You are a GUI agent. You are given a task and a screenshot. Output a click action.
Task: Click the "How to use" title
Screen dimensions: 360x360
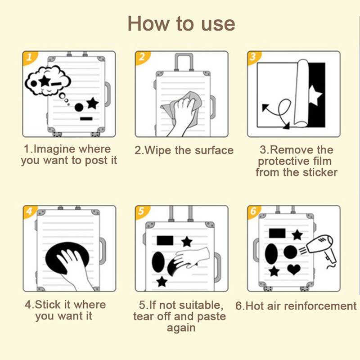(181, 24)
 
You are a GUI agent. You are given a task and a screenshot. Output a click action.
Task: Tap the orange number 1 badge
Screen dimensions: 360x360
(29, 58)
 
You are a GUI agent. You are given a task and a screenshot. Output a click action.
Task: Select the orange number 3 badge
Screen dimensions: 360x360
(253, 57)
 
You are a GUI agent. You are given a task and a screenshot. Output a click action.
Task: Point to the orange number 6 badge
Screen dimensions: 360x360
(253, 211)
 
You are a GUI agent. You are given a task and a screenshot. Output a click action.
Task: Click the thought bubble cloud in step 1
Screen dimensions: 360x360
(48, 81)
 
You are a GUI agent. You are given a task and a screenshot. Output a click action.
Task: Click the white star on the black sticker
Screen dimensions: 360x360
(315, 95)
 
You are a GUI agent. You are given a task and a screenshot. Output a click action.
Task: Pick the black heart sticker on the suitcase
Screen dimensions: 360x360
(294, 269)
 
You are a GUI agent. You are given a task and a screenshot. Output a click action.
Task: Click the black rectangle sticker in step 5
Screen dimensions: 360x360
(165, 240)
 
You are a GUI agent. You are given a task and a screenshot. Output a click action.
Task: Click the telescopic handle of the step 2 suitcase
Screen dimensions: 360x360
(184, 62)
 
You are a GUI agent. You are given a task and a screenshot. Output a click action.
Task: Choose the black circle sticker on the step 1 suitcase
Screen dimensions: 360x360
(79, 107)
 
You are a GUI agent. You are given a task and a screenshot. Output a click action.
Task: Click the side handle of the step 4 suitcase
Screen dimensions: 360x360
(103, 251)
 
